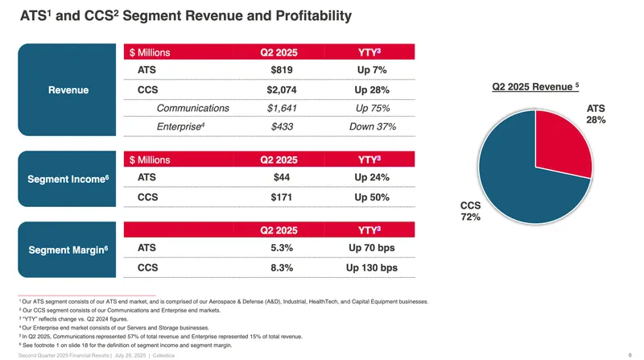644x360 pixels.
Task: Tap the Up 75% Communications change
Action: click(x=373, y=108)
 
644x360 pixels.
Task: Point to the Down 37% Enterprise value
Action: click(x=373, y=126)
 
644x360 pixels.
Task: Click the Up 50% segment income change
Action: click(x=373, y=197)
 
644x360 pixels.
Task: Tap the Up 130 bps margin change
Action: click(x=373, y=267)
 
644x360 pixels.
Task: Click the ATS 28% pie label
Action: click(x=596, y=114)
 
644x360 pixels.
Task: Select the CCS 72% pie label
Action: click(x=471, y=211)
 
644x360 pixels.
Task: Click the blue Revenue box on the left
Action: click(x=68, y=89)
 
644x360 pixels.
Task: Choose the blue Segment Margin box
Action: click(x=68, y=250)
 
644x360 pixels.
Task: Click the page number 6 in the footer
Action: click(x=627, y=353)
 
